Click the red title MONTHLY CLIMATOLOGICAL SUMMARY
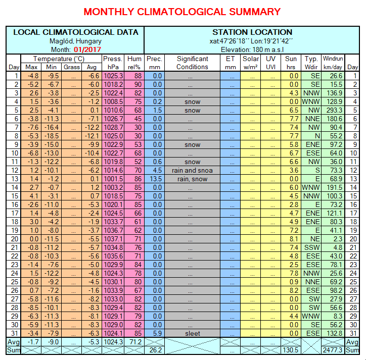coord(182,12)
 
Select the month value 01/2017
coord(87,49)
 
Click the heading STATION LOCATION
coord(252,32)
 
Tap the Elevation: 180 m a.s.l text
coord(252,49)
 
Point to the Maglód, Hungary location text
coord(75,41)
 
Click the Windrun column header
coord(333,63)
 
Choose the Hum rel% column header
coord(134,63)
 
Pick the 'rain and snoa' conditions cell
coord(192,170)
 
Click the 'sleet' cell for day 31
coord(192,333)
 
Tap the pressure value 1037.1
coord(113,239)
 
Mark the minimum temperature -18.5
coord(52,136)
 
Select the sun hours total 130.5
coord(290,350)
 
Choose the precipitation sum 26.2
coord(155,350)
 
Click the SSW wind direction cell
coord(312,247)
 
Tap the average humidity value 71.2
coord(135,342)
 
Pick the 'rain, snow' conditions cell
coord(192,179)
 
